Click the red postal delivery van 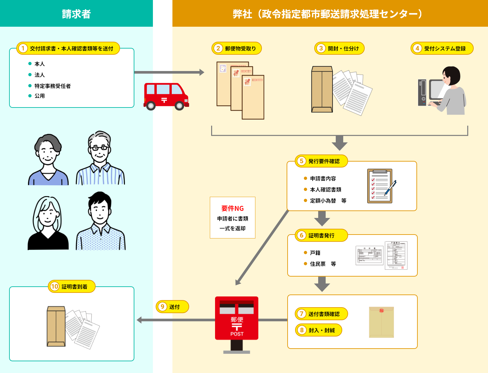tap(166, 96)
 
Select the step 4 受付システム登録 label tap(442, 49)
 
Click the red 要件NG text tap(232, 208)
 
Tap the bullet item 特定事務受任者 tap(52, 86)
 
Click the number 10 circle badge tap(54, 286)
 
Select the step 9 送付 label tap(172, 307)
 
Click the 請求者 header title tap(76, 14)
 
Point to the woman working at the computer tap(451, 91)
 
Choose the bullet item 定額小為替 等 tap(328, 201)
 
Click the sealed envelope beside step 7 tap(381, 322)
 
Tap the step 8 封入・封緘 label tap(319, 330)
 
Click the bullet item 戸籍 tap(315, 253)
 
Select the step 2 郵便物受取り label tap(237, 49)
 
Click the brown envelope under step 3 tap(322, 90)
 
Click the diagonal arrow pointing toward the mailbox tap(262, 248)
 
